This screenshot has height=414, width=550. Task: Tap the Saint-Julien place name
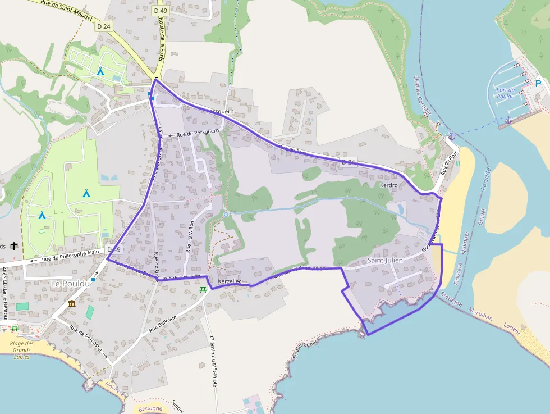[x=385, y=260]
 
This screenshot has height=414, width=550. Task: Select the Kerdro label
[x=388, y=185]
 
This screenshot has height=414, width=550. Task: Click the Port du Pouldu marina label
[x=506, y=93]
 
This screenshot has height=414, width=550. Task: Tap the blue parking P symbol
[x=538, y=84]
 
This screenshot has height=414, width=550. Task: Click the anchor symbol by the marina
[x=508, y=120]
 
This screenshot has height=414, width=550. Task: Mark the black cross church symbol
[x=13, y=246]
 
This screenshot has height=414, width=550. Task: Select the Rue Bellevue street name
[x=163, y=325]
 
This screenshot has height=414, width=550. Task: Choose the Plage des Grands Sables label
[x=22, y=350]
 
